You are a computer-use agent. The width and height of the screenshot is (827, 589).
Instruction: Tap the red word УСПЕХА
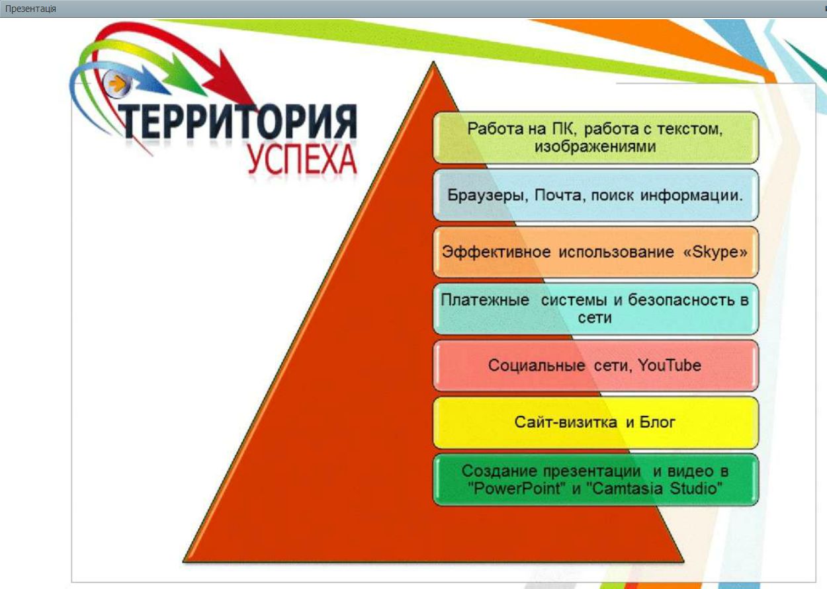(x=302, y=159)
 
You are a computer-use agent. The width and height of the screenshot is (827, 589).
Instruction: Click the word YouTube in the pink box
(x=669, y=366)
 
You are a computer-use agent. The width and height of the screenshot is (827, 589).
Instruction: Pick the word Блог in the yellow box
(x=658, y=422)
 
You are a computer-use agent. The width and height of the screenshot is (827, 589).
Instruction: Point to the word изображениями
(x=595, y=147)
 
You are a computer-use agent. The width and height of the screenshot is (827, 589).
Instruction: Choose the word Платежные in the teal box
(x=485, y=299)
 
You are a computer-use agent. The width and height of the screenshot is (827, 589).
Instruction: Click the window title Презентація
(x=30, y=9)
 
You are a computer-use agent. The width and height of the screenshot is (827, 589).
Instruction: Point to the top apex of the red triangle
(x=433, y=63)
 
